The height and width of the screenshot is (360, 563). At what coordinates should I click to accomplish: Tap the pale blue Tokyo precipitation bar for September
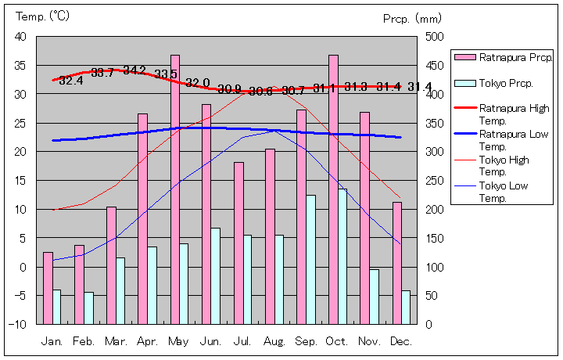tap(311, 259)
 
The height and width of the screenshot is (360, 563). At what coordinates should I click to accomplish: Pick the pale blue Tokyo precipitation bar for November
tap(375, 297)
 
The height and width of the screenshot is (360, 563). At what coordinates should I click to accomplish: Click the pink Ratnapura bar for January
tap(48, 288)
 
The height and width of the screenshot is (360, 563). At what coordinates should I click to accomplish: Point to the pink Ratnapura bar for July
tap(238, 243)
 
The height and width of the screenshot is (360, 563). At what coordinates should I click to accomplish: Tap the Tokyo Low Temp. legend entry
tap(504, 191)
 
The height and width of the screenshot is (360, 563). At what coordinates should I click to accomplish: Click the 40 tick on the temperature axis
tap(20, 37)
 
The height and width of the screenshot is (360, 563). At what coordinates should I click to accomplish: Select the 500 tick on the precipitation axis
tap(436, 37)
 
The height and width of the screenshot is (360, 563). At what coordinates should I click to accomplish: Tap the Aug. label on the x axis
tap(274, 342)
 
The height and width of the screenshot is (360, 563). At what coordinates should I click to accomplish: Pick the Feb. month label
tap(84, 342)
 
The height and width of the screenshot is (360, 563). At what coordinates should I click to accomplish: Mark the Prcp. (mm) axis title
tap(412, 18)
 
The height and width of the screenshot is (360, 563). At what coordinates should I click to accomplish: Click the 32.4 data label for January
tap(70, 81)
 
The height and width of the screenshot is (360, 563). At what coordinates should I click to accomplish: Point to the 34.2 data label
tap(134, 70)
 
